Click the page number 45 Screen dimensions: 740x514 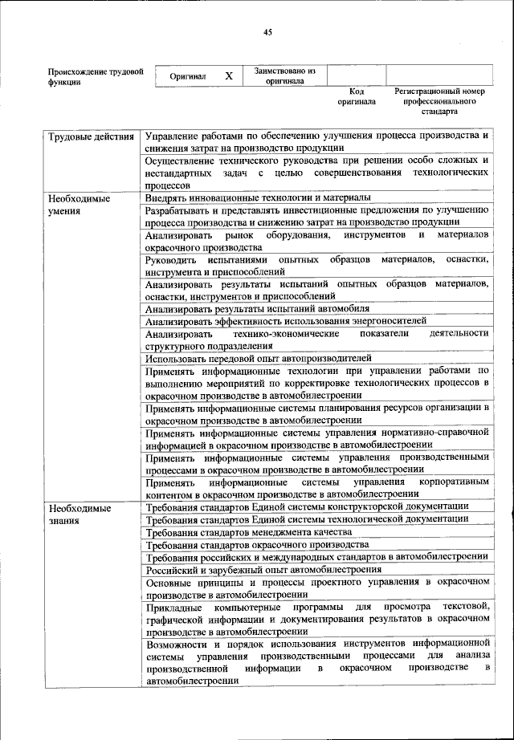click(x=268, y=32)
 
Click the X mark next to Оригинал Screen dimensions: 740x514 click(x=229, y=75)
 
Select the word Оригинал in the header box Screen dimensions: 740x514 click(x=188, y=76)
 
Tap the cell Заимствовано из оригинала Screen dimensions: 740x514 click(x=285, y=75)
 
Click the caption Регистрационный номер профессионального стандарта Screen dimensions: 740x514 click(x=441, y=102)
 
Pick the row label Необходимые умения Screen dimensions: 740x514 click(x=78, y=204)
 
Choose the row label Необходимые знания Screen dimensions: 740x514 click(x=78, y=514)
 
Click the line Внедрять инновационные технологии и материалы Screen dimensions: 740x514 click(x=258, y=197)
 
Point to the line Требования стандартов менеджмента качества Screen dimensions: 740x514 click(x=249, y=532)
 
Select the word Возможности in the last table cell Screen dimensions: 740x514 click(x=178, y=644)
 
